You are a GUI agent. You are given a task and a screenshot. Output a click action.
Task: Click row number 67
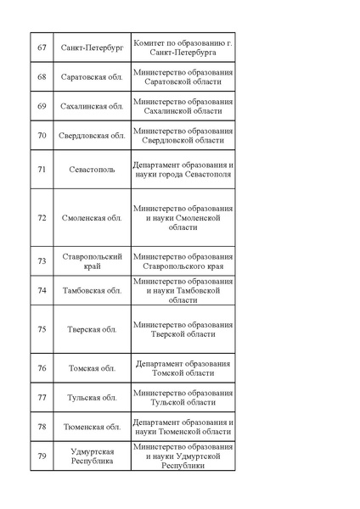42,48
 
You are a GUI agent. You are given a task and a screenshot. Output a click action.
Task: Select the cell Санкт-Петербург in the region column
93,48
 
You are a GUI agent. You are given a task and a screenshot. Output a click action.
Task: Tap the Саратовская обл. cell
93,77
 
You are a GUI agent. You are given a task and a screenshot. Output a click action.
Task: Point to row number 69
42,106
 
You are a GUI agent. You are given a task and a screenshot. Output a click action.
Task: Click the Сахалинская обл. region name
93,106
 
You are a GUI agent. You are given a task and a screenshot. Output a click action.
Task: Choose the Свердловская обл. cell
93,136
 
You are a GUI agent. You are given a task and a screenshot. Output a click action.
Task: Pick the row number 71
42,169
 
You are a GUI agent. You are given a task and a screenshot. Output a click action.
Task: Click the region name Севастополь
93,169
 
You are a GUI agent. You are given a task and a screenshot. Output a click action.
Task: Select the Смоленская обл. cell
93,217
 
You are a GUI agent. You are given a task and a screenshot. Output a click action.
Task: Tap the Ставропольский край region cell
93,261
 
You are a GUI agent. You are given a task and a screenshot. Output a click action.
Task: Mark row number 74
42,290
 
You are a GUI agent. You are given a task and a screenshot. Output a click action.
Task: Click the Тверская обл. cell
93,329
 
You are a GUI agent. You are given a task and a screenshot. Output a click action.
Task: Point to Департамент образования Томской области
183,368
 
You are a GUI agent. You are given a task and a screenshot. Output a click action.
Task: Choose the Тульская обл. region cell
93,397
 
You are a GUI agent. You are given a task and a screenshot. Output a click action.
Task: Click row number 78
42,427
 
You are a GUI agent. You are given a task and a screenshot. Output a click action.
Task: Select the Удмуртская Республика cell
93,456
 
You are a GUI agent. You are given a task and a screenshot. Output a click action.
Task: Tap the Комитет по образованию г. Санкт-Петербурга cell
183,48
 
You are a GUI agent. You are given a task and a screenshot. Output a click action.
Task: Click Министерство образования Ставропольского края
183,261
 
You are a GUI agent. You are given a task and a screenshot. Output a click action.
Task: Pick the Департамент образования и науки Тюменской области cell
183,427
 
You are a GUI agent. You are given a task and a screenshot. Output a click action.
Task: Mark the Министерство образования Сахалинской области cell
183,106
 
